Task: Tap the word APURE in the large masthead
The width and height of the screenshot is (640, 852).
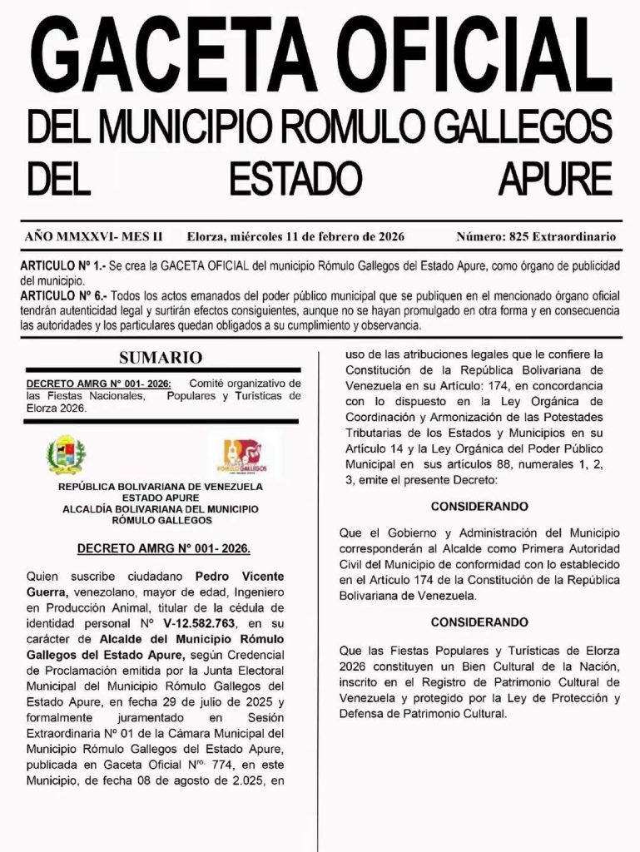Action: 555,177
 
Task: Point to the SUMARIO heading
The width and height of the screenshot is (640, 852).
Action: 161,358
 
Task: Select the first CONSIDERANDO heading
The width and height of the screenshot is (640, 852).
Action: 479,506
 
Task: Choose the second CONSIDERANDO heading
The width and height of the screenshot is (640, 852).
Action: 479,622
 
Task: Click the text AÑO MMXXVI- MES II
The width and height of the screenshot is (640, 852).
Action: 94,237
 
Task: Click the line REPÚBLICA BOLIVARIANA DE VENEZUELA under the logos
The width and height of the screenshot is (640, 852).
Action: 161,486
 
